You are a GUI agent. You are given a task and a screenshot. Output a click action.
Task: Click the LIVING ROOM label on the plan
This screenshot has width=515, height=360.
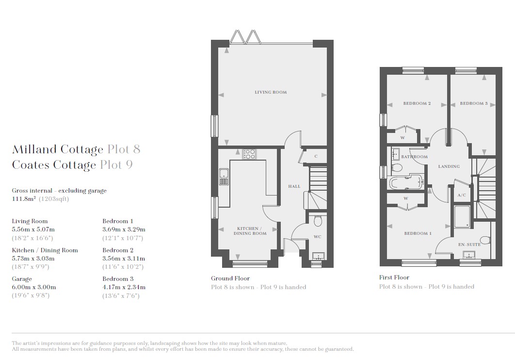point(271,92)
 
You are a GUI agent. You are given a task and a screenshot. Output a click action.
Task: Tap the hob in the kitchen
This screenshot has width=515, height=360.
point(249,154)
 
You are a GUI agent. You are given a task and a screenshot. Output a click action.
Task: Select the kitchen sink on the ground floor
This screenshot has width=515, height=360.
point(224,177)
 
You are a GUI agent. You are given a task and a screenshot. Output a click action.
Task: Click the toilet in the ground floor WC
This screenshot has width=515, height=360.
point(318,221)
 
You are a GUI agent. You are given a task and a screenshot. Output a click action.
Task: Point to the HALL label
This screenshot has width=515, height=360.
point(294,186)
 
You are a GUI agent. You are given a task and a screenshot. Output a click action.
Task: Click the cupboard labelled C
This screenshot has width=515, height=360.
point(316,156)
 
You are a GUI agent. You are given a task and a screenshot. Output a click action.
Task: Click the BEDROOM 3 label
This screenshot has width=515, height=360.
point(474,103)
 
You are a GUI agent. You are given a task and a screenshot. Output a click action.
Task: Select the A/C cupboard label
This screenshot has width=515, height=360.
point(462,195)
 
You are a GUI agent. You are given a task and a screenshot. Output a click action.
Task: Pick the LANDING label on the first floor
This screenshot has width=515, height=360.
point(449,166)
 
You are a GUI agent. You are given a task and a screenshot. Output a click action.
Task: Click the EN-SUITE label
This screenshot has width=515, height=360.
point(469,245)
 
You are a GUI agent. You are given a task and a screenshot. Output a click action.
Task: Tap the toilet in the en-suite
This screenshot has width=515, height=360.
point(485,240)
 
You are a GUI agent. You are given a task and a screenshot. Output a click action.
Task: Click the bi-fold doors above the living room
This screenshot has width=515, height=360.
point(245,37)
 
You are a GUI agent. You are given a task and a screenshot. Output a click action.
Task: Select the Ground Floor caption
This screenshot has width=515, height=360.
point(230,278)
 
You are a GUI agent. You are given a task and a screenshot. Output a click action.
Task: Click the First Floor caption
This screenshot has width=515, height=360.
point(394,278)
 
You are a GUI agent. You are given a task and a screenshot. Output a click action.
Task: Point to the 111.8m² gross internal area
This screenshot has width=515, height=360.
point(24,199)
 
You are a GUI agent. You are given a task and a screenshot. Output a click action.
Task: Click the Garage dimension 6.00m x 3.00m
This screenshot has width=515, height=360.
point(34,287)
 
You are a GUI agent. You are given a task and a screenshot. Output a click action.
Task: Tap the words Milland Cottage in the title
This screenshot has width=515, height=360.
point(58,149)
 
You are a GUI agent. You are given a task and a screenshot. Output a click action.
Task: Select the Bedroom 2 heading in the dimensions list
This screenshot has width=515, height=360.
point(118,250)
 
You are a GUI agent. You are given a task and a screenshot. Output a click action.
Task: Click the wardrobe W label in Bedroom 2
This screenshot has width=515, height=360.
point(402,138)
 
